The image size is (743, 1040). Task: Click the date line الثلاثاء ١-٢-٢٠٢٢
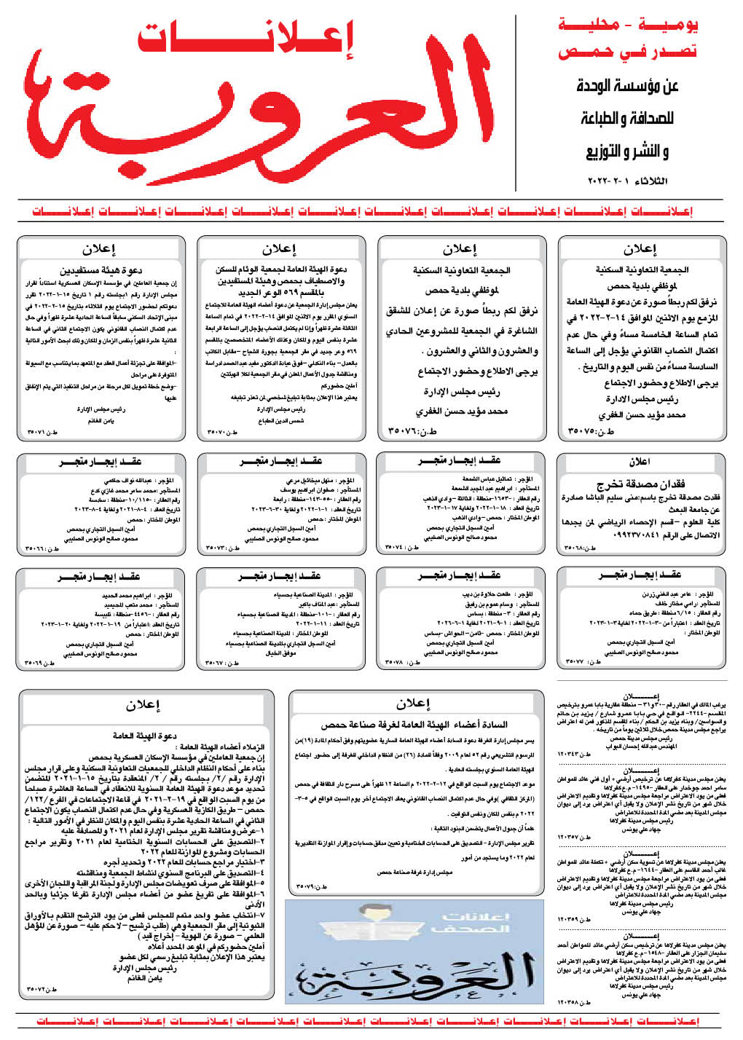click(627, 181)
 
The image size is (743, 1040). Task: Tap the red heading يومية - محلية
click(628, 25)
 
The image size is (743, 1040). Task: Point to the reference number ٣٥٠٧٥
click(591, 432)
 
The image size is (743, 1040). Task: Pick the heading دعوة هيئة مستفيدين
click(102, 270)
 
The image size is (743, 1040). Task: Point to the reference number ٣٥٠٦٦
click(42, 548)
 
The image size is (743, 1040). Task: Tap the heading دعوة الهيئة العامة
click(145, 736)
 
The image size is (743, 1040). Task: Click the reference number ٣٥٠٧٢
click(42, 989)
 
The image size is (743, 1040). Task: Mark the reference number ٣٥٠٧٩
click(312, 886)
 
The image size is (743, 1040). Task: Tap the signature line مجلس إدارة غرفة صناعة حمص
click(414, 872)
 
